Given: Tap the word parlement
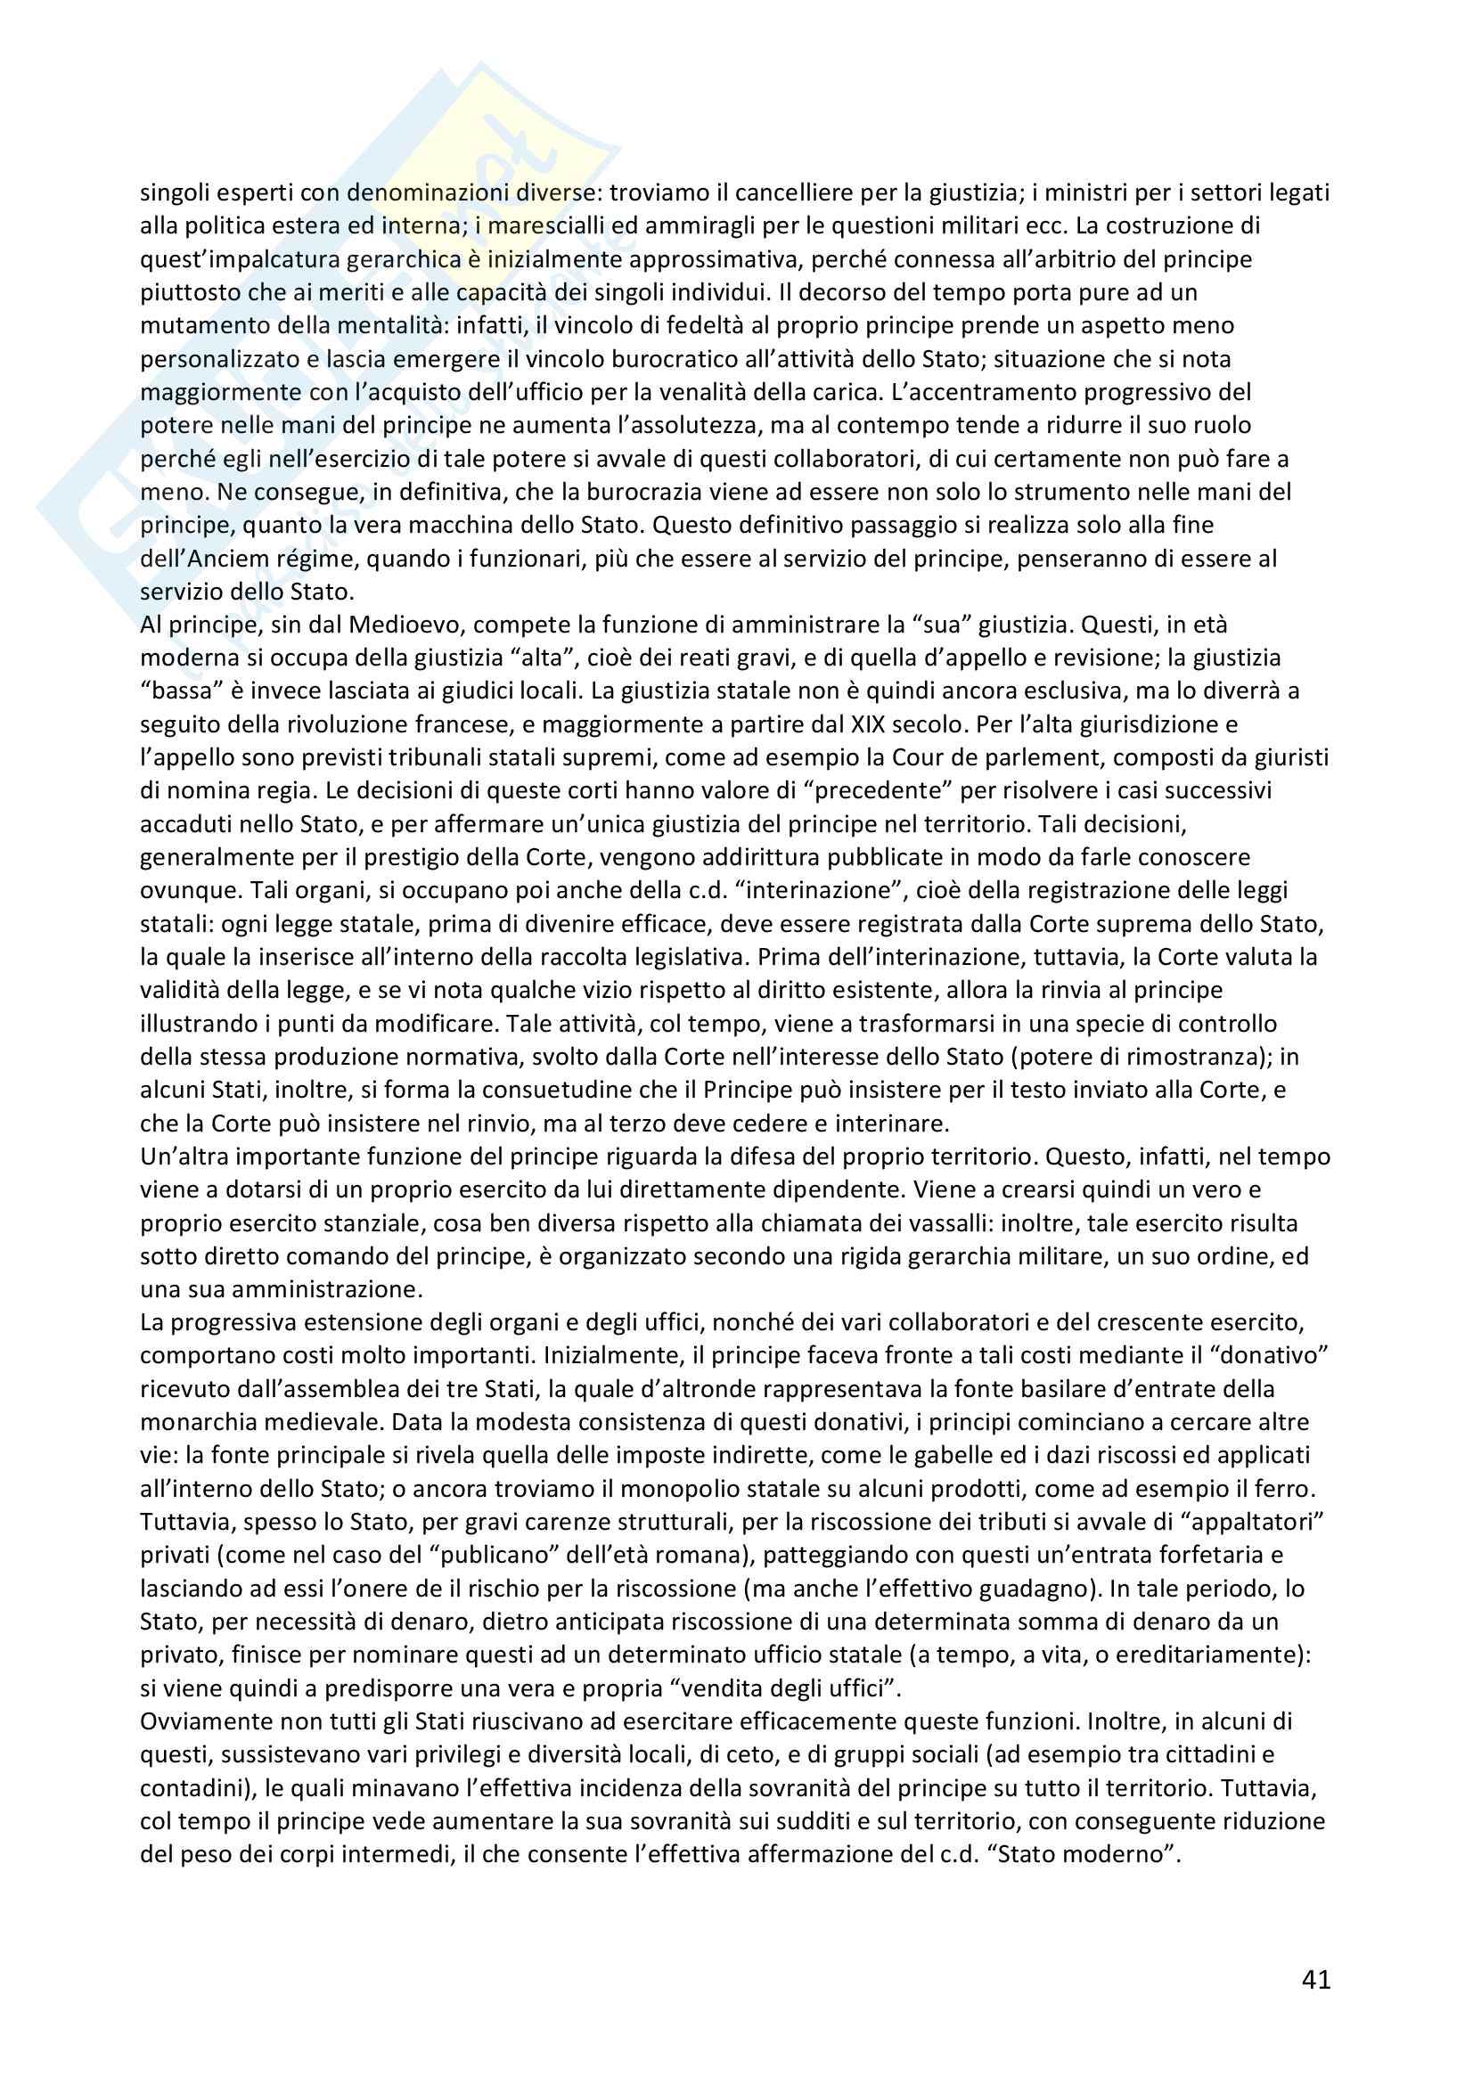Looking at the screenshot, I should point(1035,757).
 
